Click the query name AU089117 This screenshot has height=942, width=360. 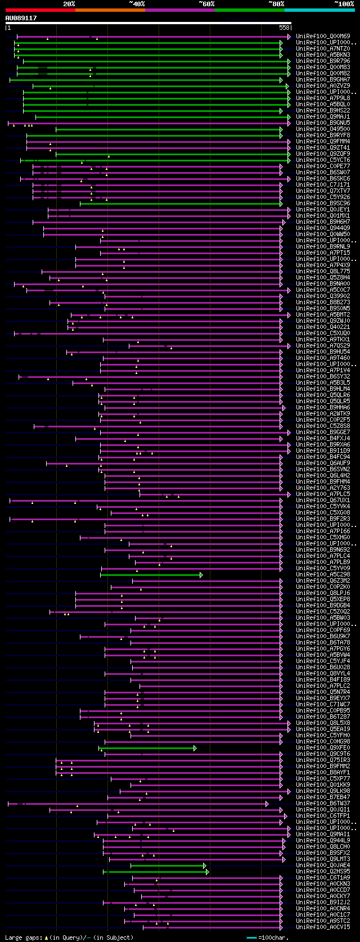pos(21,18)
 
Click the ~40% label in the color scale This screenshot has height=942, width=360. pos(137,4)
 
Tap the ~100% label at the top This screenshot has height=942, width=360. pos(344,4)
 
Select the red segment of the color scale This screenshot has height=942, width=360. pos(40,10)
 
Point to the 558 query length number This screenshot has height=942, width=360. pos(284,28)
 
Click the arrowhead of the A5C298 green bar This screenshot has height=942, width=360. pos(201,575)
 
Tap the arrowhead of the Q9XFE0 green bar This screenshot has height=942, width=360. pos(195,748)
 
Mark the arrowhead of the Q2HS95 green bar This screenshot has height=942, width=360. pos(207,872)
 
